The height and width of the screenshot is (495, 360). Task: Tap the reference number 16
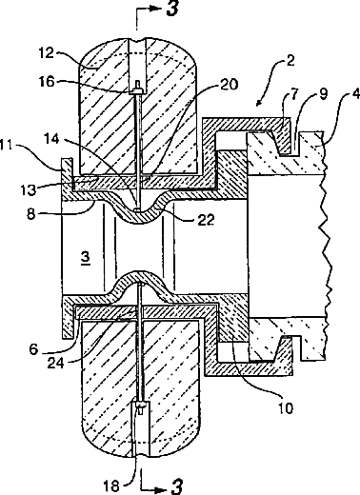pyautogui.click(x=48, y=82)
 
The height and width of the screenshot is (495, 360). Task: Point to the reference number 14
pyautogui.click(x=51, y=138)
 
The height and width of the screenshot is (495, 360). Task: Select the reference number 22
pyautogui.click(x=206, y=220)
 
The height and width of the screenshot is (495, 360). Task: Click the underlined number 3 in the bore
pyautogui.click(x=86, y=258)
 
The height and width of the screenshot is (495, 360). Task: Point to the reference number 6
pyautogui.click(x=33, y=349)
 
